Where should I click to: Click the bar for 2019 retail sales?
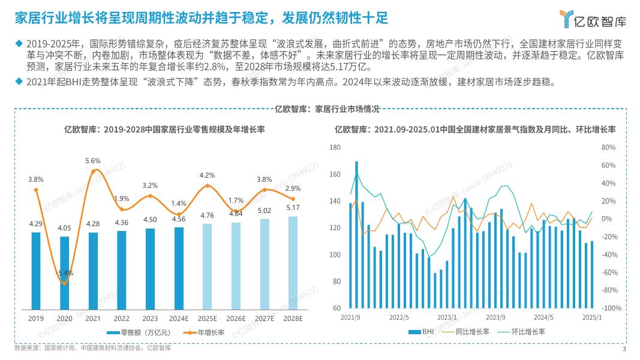pyautogui.click(x=36, y=270)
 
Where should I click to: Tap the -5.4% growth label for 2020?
pyautogui.click(x=65, y=273)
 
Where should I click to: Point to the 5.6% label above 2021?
pyautogui.click(x=93, y=161)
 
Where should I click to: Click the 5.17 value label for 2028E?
pyautogui.click(x=293, y=208)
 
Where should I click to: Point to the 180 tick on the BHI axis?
pyautogui.click(x=335, y=148)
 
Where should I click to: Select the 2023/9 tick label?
pyautogui.click(x=495, y=317)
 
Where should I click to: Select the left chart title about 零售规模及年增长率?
pyautogui.click(x=166, y=129)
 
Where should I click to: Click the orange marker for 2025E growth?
pyautogui.click(x=207, y=186)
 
